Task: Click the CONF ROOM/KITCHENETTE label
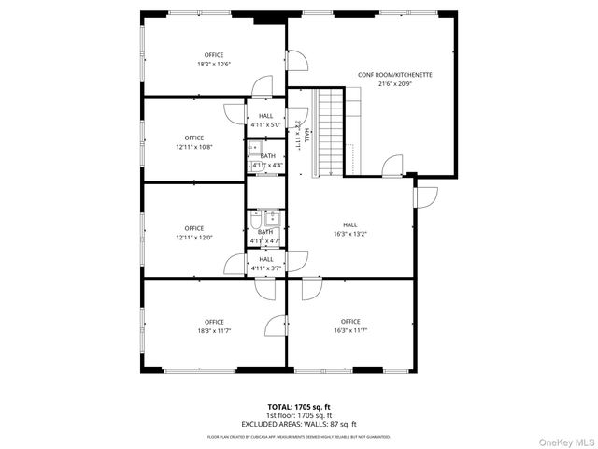pos(394,74)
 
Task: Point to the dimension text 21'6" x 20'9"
pos(394,83)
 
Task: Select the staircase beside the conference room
pos(329,132)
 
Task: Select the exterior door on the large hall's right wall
pos(425,196)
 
